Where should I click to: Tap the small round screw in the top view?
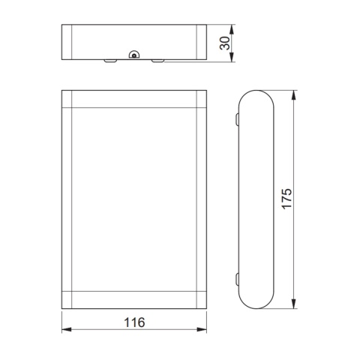(x=133, y=55)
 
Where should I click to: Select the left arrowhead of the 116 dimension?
(x=65, y=330)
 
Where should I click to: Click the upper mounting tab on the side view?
(x=236, y=118)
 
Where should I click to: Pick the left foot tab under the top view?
(x=109, y=60)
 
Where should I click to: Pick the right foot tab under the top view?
(x=157, y=60)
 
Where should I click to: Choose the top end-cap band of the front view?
(x=133, y=100)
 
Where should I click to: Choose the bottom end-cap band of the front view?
(x=133, y=298)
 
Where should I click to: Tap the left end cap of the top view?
(x=66, y=42)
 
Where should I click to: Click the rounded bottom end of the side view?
(x=257, y=302)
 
